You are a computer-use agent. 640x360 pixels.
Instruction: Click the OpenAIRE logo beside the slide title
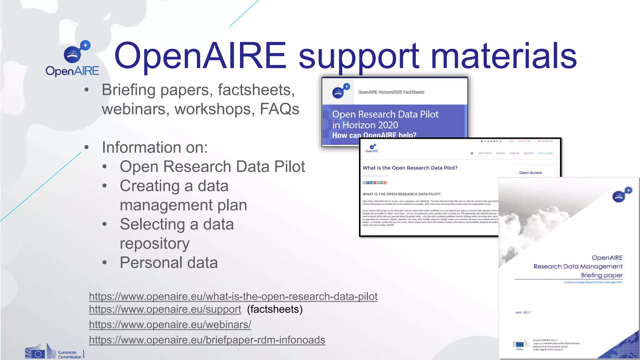pos(72,59)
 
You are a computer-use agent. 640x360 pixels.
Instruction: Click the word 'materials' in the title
pos(503,56)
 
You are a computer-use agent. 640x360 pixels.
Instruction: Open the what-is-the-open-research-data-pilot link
pos(233,296)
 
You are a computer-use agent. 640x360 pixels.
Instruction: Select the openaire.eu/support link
pos(165,309)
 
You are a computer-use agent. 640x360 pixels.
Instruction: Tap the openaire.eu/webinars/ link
pos(170,324)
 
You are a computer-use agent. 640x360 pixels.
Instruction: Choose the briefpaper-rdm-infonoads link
pos(207,340)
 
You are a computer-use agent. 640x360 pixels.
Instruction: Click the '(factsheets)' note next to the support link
pos(275,309)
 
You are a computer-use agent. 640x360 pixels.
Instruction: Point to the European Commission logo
pos(54,352)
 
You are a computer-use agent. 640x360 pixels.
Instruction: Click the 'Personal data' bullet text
pos(169,262)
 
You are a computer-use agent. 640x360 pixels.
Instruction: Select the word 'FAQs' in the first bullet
pos(279,109)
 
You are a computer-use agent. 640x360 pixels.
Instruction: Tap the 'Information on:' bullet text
pos(155,147)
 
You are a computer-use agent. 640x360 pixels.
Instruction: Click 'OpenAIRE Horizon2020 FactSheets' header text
pos(391,92)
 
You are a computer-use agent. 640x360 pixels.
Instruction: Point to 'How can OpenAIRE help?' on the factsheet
pos(374,135)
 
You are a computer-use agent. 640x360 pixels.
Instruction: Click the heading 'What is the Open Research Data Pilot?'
pos(410,168)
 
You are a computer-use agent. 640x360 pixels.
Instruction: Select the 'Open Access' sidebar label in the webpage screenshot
pos(530,172)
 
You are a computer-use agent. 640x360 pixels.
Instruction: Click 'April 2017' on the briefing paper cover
pos(523,312)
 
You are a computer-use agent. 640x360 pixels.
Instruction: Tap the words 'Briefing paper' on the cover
pos(602,275)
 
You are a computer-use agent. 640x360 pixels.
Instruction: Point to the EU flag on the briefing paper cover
pos(519,345)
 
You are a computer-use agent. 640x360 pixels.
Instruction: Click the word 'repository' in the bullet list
pos(155,243)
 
